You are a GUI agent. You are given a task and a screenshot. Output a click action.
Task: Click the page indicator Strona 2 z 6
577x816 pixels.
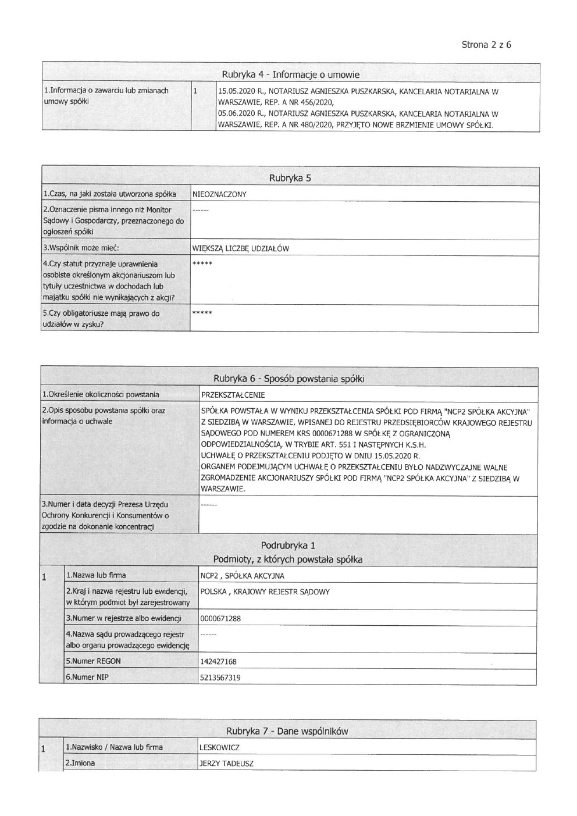click(x=486, y=45)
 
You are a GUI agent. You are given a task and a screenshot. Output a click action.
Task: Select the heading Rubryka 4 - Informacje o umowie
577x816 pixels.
click(x=290, y=74)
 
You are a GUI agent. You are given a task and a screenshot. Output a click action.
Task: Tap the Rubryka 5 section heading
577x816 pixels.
click(x=290, y=178)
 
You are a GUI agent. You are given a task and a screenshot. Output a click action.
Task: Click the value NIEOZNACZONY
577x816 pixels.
click(x=219, y=194)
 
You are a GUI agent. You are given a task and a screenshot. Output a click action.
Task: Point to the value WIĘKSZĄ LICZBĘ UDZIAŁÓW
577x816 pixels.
click(x=240, y=249)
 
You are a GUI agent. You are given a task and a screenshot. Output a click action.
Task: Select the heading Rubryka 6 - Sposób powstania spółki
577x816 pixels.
click(x=288, y=379)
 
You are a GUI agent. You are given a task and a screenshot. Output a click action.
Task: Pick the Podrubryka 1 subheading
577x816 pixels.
click(x=288, y=546)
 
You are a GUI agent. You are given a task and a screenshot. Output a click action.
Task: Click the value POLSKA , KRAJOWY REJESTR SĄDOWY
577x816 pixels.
click(x=265, y=592)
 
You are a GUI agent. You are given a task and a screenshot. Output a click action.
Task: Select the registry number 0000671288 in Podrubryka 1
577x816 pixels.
click(x=220, y=619)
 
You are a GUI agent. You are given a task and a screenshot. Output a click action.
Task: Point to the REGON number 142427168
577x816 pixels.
click(x=218, y=662)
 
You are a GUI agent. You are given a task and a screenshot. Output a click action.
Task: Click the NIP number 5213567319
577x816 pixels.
click(x=220, y=678)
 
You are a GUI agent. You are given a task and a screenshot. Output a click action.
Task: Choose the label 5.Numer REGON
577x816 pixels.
click(x=93, y=661)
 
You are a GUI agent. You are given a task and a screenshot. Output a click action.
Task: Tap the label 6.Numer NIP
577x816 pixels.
click(x=87, y=677)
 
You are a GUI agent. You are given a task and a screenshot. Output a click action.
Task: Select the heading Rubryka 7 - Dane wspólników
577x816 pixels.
click(x=287, y=731)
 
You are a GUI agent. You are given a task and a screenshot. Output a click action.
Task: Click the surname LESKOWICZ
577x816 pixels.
click(x=219, y=748)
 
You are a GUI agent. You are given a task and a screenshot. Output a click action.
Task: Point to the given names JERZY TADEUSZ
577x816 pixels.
click(x=226, y=764)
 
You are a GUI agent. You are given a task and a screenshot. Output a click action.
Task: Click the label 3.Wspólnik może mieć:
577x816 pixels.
click(x=81, y=248)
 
